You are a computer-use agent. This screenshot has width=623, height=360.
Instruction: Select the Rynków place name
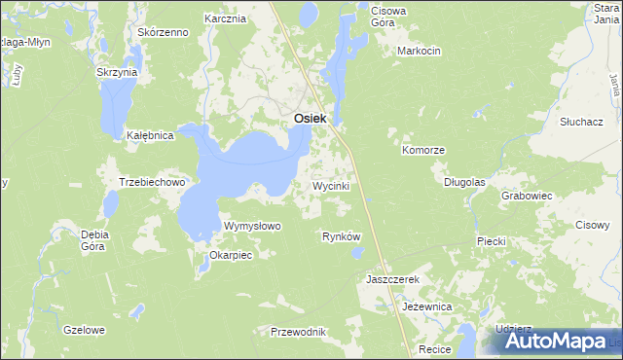click(341, 236)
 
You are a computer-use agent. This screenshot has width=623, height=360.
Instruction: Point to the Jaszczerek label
click(391, 279)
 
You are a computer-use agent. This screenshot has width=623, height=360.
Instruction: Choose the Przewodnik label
click(298, 332)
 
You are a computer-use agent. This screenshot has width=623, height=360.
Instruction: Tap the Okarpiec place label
click(231, 256)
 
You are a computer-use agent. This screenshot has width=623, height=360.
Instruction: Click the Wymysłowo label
click(252, 226)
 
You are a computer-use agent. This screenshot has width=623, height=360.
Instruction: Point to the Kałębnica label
click(150, 136)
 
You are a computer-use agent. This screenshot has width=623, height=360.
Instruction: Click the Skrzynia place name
click(117, 72)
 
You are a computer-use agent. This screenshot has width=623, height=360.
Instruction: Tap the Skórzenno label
click(163, 32)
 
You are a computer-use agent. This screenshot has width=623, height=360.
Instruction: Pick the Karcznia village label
click(223, 18)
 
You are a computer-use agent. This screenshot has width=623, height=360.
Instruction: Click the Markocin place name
click(420, 50)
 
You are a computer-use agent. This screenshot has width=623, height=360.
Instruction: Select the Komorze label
click(423, 151)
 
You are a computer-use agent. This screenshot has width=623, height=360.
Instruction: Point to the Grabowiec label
click(527, 196)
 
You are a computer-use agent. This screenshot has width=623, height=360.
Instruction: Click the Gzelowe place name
click(83, 330)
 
